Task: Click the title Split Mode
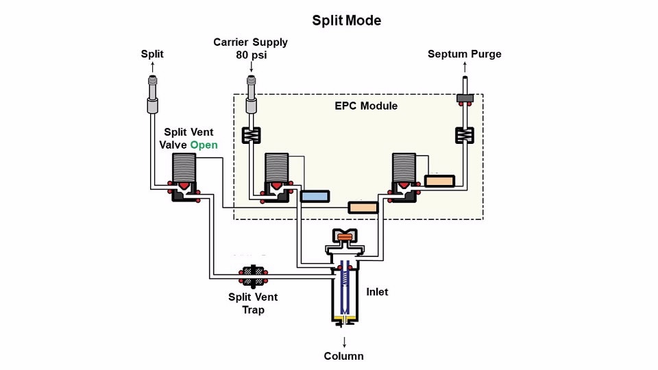[347, 21]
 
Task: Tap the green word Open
[204, 145]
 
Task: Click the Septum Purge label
[465, 54]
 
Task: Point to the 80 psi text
[251, 54]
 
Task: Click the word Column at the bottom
[344, 356]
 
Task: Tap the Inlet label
[377, 292]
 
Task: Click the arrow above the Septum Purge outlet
[465, 67]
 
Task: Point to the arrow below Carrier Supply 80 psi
[251, 67]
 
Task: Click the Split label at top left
[153, 54]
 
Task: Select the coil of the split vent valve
[183, 166]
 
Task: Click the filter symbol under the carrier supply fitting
[251, 135]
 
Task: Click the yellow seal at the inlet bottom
[344, 319]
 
